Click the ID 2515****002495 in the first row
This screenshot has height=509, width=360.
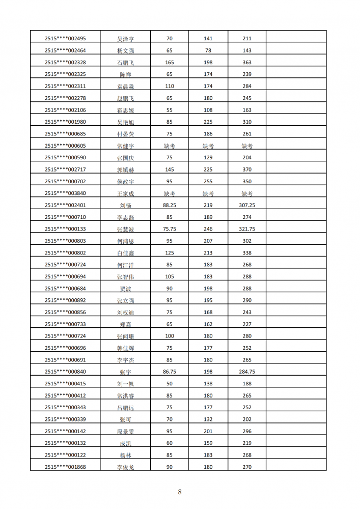(x=65, y=39)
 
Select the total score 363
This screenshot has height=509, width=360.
(x=247, y=63)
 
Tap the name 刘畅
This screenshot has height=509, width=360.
(x=125, y=206)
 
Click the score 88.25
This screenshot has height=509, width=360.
(x=170, y=205)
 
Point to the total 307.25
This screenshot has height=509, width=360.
(x=247, y=205)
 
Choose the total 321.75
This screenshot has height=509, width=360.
(x=247, y=229)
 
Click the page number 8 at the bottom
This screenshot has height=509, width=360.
(x=180, y=492)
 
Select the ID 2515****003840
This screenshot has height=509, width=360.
(x=65, y=193)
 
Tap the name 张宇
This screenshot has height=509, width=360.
(x=125, y=372)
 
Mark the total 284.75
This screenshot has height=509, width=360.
(x=247, y=372)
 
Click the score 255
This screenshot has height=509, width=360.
(x=208, y=181)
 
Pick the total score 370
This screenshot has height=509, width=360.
(x=247, y=169)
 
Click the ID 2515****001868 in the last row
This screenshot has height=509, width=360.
(x=65, y=467)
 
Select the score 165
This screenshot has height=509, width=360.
(x=170, y=63)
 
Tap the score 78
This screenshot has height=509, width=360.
(x=208, y=50)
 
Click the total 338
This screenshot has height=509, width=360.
(x=247, y=252)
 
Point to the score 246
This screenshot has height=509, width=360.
(x=208, y=229)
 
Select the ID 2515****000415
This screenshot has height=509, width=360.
(x=65, y=384)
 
